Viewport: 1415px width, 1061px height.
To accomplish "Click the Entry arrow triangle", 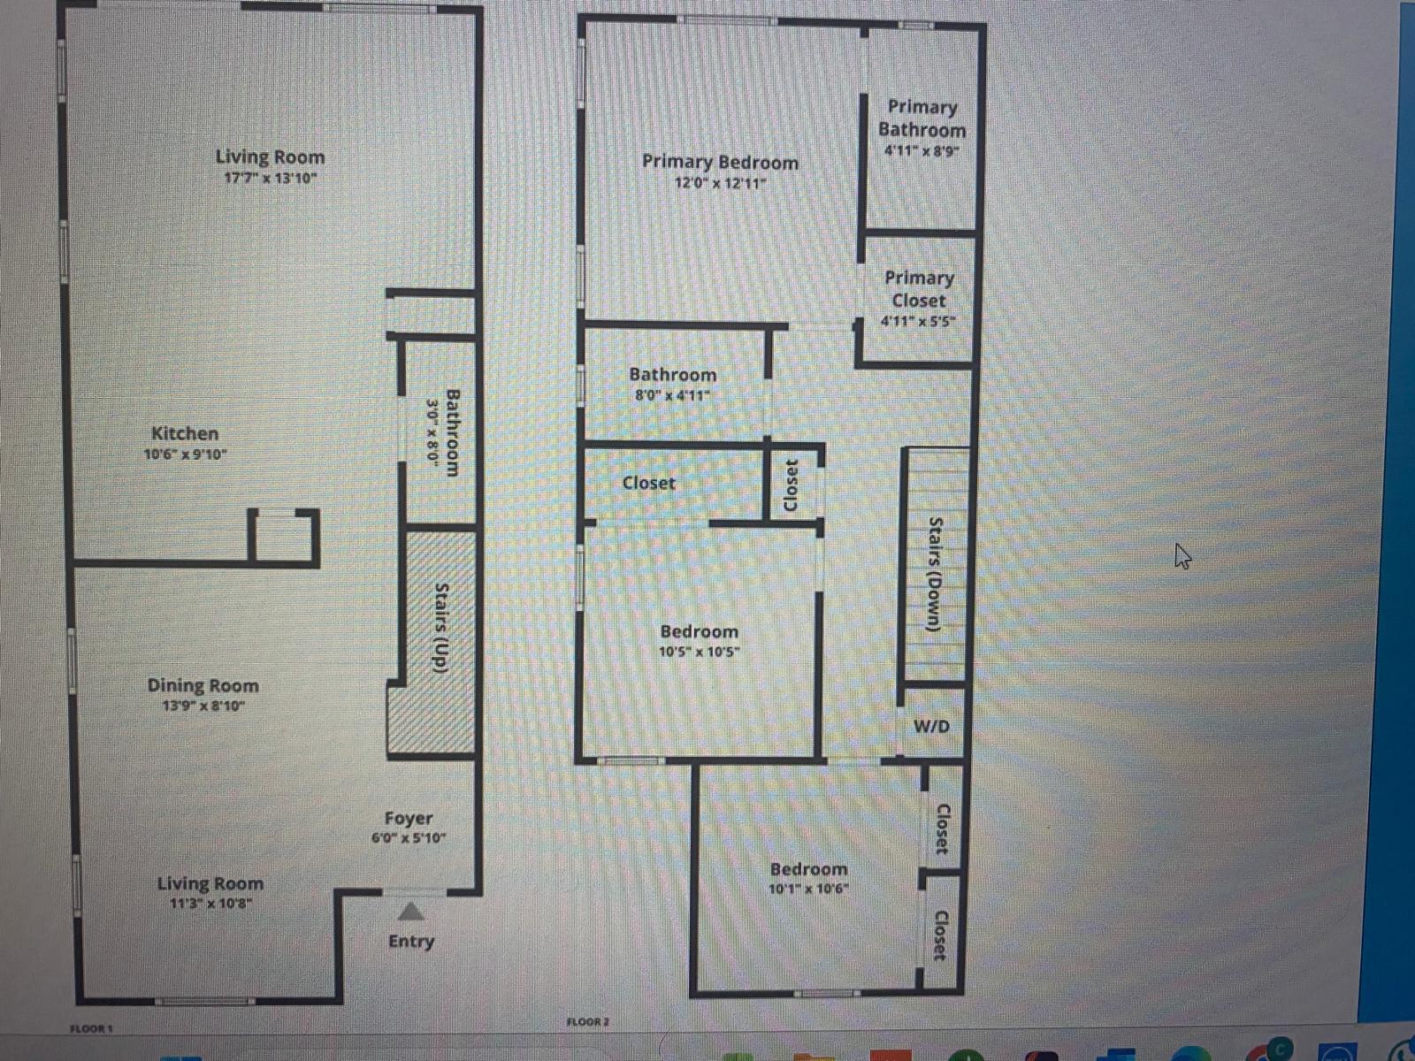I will click(x=409, y=912).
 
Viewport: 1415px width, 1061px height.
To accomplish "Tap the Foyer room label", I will click(x=409, y=819).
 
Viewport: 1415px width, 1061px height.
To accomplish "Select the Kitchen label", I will click(x=185, y=433).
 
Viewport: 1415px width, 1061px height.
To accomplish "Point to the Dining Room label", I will click(x=203, y=685).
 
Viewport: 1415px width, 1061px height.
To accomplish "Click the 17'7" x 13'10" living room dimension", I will click(x=270, y=179).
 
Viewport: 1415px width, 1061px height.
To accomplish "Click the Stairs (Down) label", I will click(x=934, y=574).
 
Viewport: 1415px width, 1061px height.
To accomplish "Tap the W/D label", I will click(x=931, y=727).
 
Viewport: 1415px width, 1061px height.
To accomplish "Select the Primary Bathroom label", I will click(x=922, y=118).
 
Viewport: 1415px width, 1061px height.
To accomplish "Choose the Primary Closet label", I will click(x=919, y=289).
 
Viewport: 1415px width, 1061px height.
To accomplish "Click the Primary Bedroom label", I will click(x=720, y=162).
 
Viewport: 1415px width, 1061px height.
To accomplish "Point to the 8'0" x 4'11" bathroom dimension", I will click(x=672, y=395).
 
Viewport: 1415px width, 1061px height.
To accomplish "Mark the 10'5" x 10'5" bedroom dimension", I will click(x=699, y=653).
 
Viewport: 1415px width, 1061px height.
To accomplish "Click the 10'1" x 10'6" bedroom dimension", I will click(x=808, y=889).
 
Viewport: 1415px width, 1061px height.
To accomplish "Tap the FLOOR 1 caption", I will click(x=91, y=1028).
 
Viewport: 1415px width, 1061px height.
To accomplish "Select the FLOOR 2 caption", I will click(x=588, y=1022).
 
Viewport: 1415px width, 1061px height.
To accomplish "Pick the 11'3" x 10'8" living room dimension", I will click(x=210, y=904).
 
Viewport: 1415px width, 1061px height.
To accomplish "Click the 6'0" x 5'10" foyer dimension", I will click(x=409, y=838).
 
